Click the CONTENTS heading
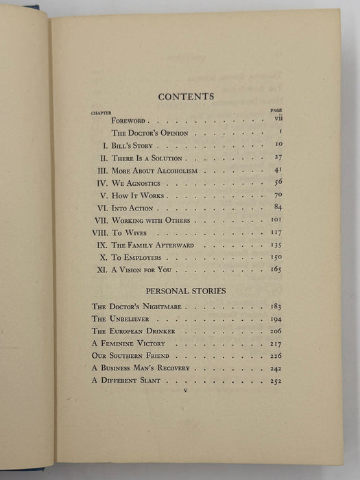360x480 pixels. point(186,97)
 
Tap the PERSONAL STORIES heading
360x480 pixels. point(187,290)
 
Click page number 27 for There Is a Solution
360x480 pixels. point(277,158)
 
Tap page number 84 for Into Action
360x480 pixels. point(277,208)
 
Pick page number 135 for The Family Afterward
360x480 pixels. point(276,245)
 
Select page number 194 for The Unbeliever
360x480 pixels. point(276,320)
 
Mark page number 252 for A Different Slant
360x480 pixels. point(276,381)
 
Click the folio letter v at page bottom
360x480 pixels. point(187,390)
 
